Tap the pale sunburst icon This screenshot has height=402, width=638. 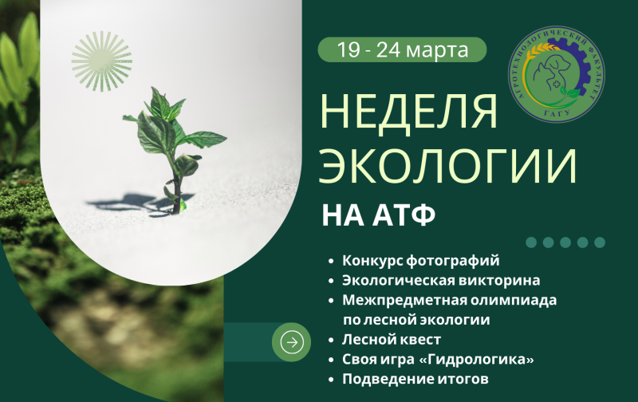pyautogui.click(x=101, y=61)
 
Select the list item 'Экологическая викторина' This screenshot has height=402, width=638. pyautogui.click(x=441, y=281)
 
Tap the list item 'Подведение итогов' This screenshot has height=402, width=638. pyautogui.click(x=415, y=379)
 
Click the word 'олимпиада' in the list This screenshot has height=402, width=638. pyautogui.click(x=518, y=301)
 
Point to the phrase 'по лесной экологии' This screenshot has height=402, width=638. pyautogui.click(x=415, y=320)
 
